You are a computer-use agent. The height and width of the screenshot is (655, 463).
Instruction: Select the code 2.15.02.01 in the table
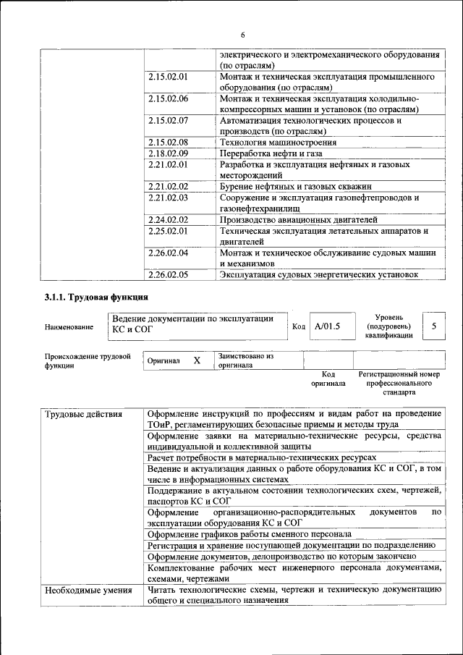(167, 76)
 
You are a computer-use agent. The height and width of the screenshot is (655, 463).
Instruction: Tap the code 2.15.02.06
(167, 98)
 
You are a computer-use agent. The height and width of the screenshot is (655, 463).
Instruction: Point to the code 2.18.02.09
(167, 153)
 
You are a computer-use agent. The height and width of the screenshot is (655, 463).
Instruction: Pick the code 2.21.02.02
(167, 186)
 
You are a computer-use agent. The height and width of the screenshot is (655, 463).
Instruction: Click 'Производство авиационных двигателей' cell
(298, 219)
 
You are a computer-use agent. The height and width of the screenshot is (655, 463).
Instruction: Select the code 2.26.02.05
(167, 274)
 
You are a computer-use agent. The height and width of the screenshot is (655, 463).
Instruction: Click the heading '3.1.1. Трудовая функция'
(96, 297)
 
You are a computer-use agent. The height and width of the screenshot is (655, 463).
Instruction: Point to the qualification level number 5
(433, 326)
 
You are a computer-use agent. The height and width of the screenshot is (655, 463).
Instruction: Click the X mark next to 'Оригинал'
(196, 360)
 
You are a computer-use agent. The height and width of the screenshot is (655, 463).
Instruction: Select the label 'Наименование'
(69, 327)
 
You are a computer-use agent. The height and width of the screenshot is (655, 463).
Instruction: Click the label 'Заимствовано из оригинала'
(246, 360)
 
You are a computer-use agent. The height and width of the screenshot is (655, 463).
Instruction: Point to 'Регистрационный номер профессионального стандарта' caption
(399, 383)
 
